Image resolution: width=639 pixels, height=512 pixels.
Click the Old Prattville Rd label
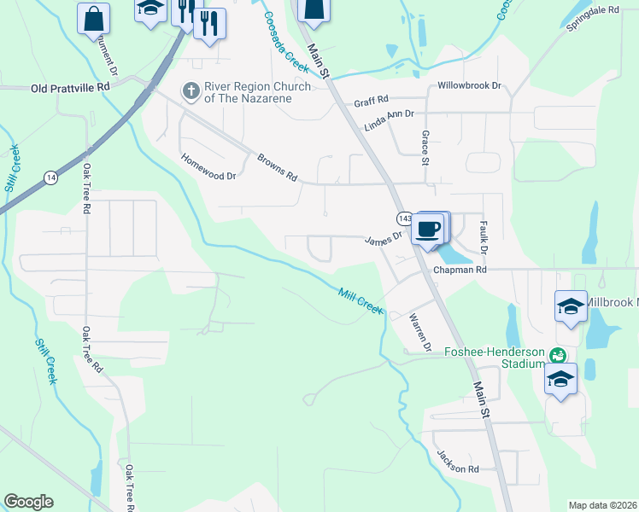click(x=71, y=87)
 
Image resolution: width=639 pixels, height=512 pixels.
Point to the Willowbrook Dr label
click(x=468, y=86)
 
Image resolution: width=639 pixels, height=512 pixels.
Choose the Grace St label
click(x=425, y=143)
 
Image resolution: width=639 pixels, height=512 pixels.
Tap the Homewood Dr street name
click(x=208, y=166)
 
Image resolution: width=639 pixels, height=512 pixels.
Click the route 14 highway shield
click(x=51, y=177)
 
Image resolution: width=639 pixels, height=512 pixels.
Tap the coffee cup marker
click(x=428, y=228)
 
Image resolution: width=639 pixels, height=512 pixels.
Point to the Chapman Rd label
click(x=460, y=270)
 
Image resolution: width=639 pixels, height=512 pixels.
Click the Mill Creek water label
click(x=360, y=300)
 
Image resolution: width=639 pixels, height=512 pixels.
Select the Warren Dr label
click(x=419, y=331)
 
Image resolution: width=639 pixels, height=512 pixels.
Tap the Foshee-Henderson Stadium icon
click(x=558, y=355)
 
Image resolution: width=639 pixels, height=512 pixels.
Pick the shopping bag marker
click(x=93, y=17)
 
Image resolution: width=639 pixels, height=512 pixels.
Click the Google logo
click(x=28, y=502)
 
